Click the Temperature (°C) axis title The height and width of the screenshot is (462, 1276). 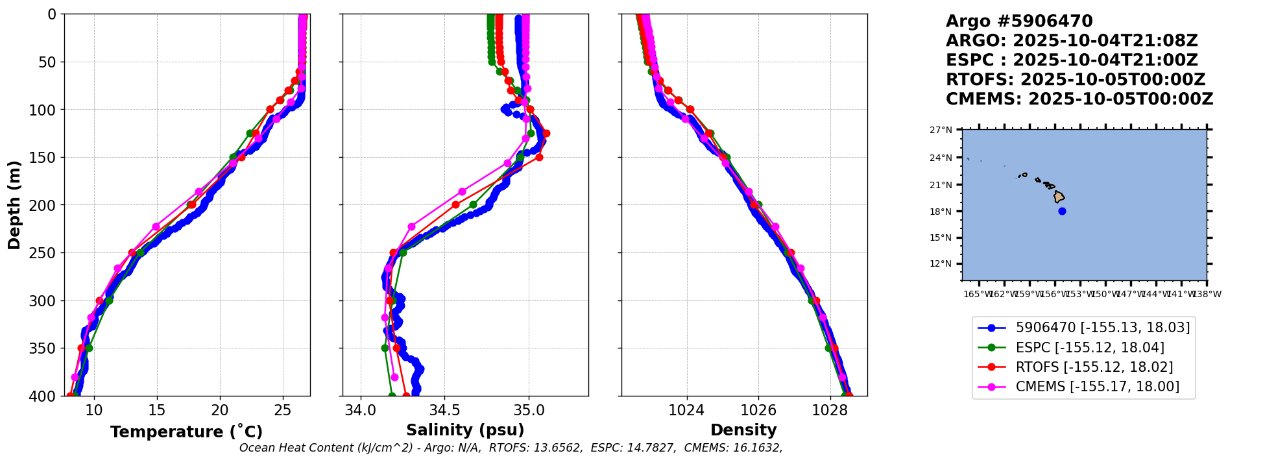pos(186,432)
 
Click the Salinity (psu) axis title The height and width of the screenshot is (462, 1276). pos(465,430)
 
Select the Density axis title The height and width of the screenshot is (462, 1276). pos(743,430)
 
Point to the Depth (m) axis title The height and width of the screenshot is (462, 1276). pos(14,204)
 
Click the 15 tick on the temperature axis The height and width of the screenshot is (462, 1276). pos(157,410)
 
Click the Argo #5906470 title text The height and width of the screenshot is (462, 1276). pos(1019,21)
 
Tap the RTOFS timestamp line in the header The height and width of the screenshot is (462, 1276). pos(1075,80)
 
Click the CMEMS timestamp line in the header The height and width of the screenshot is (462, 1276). pos(1079,99)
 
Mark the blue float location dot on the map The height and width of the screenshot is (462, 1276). pos(1062,211)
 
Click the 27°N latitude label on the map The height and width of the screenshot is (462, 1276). pos(941,130)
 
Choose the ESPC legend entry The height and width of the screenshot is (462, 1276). pos(1089,348)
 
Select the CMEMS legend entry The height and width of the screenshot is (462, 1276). pos(1097,387)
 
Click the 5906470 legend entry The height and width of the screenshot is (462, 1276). pos(1102,328)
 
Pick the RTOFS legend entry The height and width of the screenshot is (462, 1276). pos(1094,367)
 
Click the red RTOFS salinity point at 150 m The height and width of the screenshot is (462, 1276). pos(539,157)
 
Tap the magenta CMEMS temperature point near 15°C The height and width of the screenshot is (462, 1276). pos(156,227)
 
